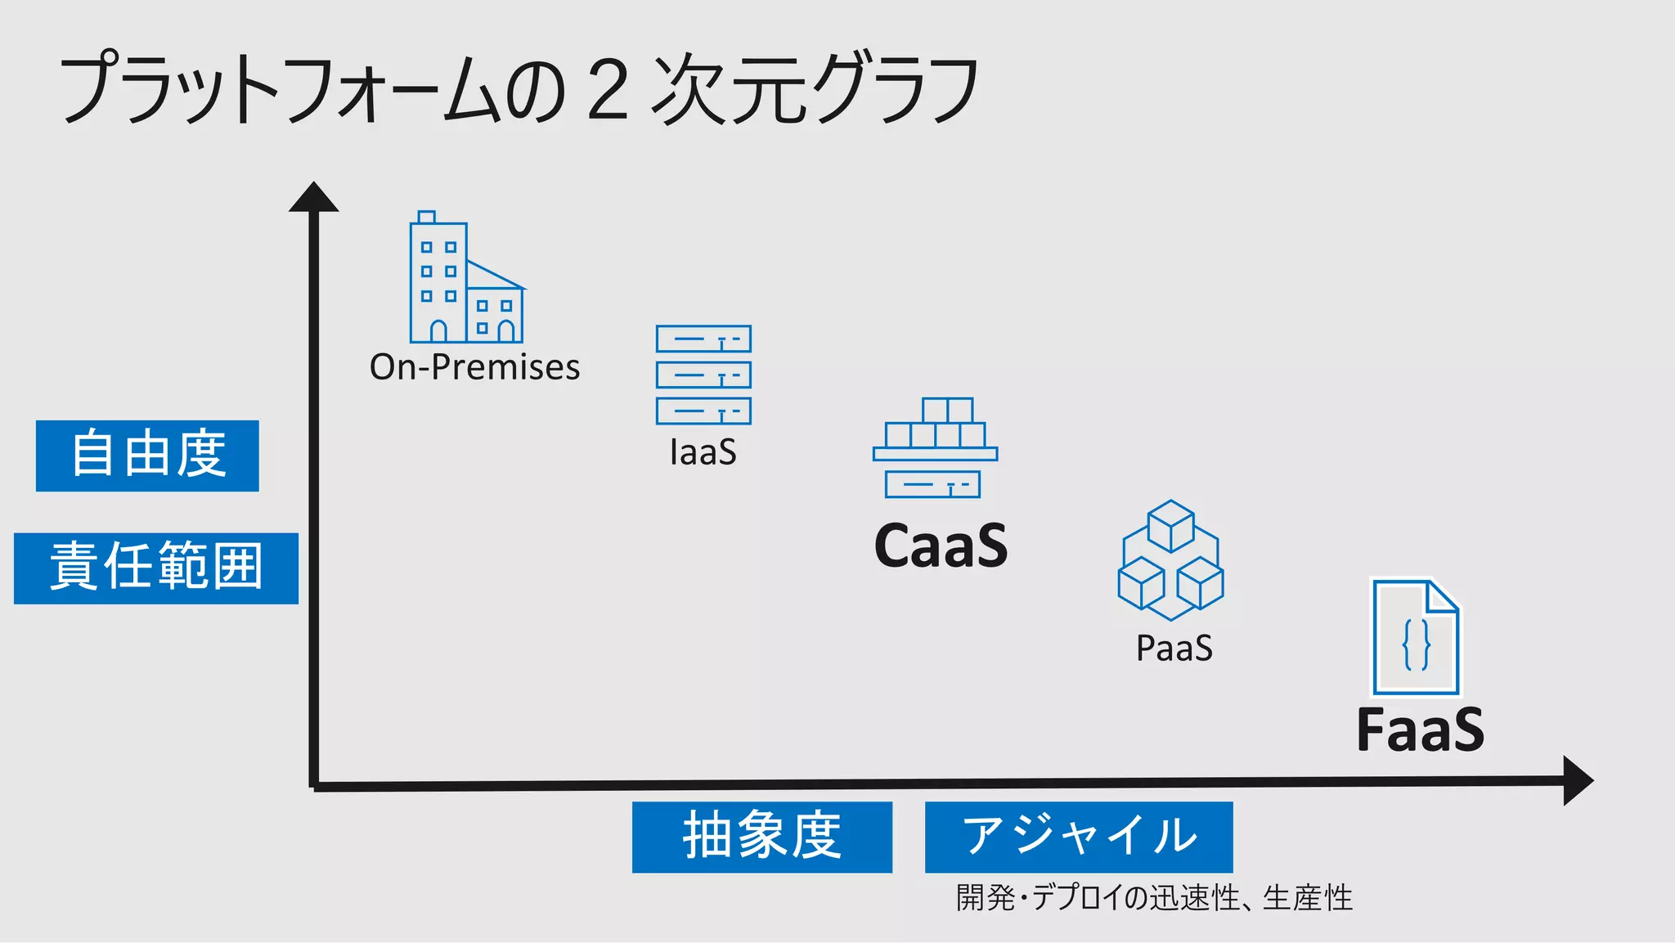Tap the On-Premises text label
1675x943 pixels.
click(474, 367)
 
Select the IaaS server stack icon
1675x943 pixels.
click(703, 375)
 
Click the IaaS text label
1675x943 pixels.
click(703, 452)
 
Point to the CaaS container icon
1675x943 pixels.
click(935, 448)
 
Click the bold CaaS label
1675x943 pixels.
click(941, 546)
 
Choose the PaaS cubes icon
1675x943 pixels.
click(1170, 561)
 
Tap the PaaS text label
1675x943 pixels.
click(1174, 649)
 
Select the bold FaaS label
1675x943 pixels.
click(1420, 730)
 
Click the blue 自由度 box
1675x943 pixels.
click(147, 456)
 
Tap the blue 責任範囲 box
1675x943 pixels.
click(156, 568)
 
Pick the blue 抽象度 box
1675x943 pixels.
click(761, 837)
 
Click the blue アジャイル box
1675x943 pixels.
click(1079, 837)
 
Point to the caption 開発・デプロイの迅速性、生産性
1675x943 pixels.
click(1154, 898)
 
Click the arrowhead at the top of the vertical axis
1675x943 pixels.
click(313, 199)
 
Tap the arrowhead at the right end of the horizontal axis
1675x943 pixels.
click(1577, 780)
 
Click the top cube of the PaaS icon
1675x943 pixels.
click(1170, 525)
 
